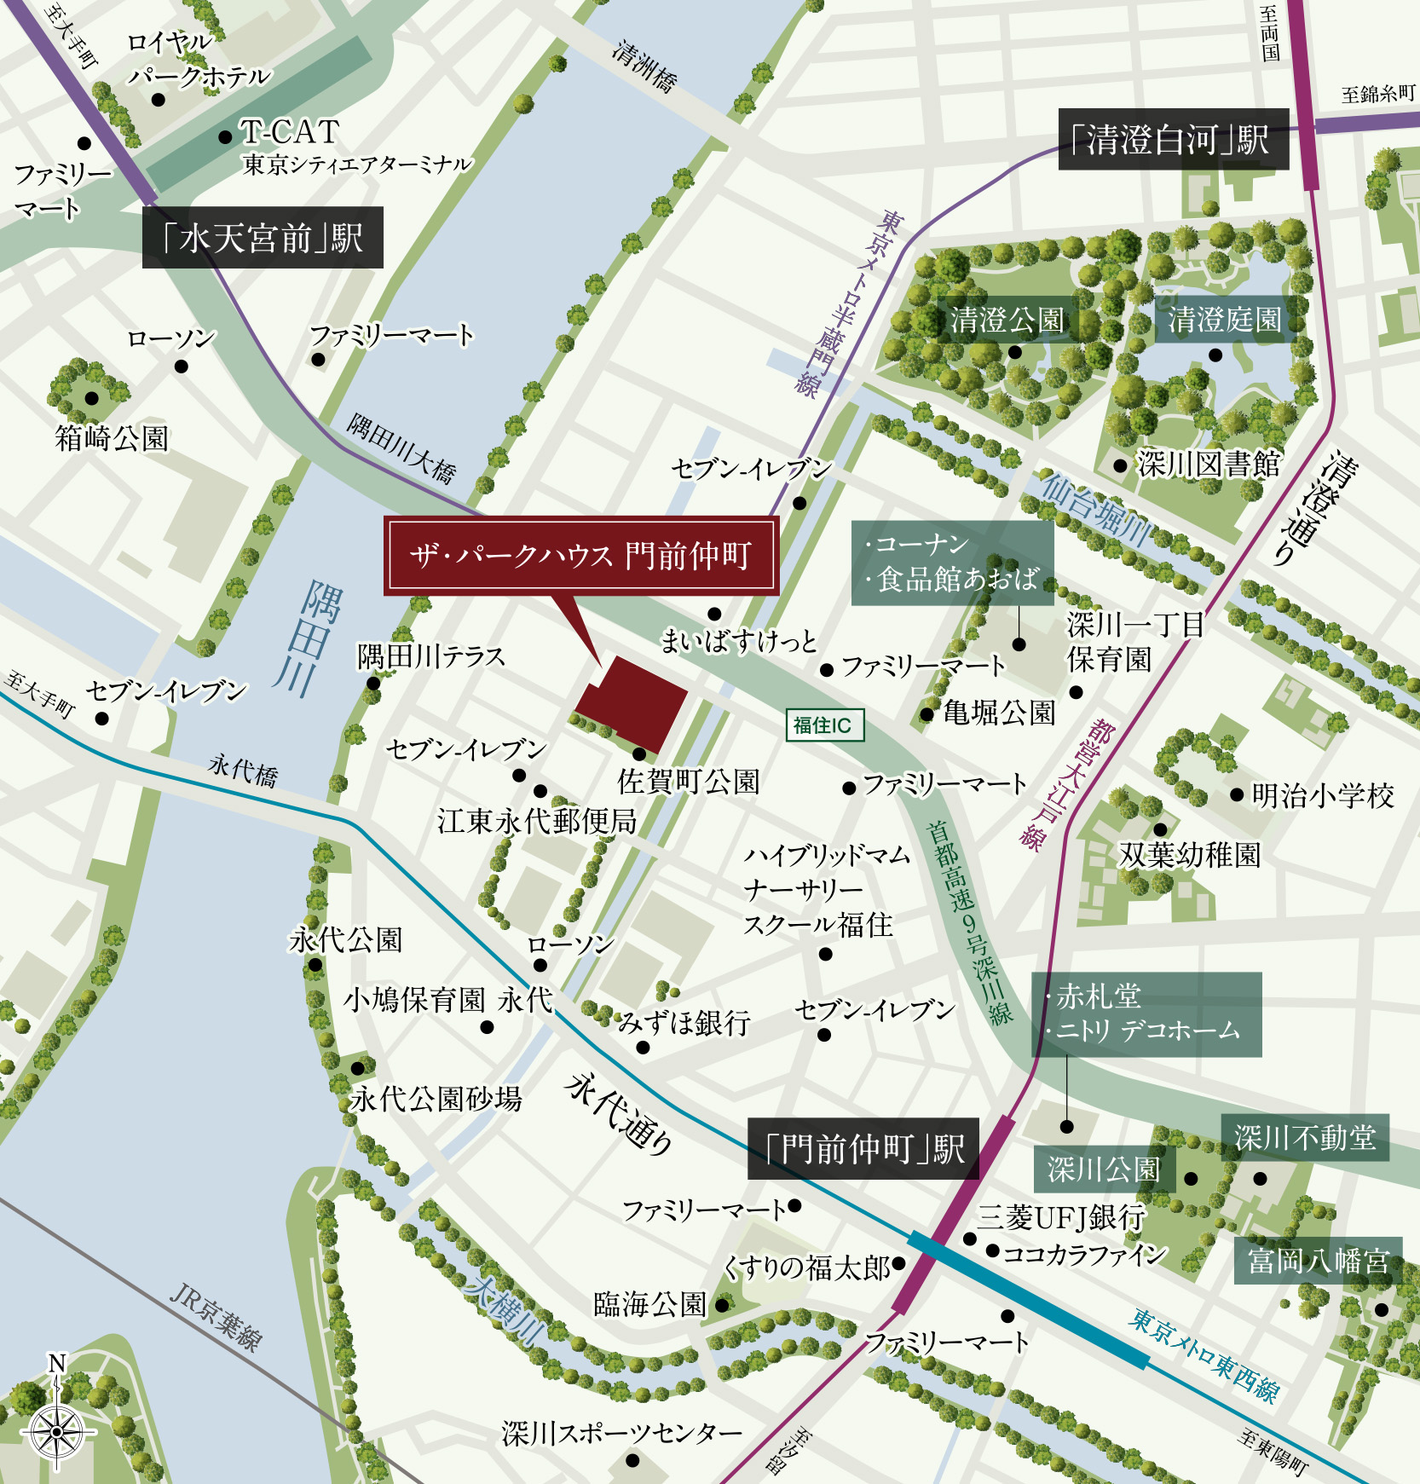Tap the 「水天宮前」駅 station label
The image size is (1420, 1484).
coord(263,238)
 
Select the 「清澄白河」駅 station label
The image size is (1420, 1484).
coord(1173,139)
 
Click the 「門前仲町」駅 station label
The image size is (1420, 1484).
coord(863,1149)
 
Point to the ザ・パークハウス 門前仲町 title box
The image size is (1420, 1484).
coord(581,556)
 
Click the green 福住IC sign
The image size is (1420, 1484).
coord(823,725)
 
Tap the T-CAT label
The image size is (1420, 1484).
coord(290,132)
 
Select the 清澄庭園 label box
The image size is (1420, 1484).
coord(1224,320)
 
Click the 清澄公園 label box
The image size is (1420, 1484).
coord(1007,320)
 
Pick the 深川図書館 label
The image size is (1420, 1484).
coord(1209,465)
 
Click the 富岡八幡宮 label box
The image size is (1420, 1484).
coord(1318,1261)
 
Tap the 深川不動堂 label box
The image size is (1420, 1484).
coord(1304,1137)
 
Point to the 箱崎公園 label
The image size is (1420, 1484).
coord(112,439)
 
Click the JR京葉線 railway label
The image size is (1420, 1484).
coord(215,1316)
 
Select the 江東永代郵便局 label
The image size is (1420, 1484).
coord(537,822)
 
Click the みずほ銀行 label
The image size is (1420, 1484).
coord(684,1022)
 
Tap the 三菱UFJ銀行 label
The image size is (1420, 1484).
coord(1060,1217)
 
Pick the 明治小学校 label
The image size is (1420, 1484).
coord(1323,796)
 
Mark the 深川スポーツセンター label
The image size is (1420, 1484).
coord(622,1434)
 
